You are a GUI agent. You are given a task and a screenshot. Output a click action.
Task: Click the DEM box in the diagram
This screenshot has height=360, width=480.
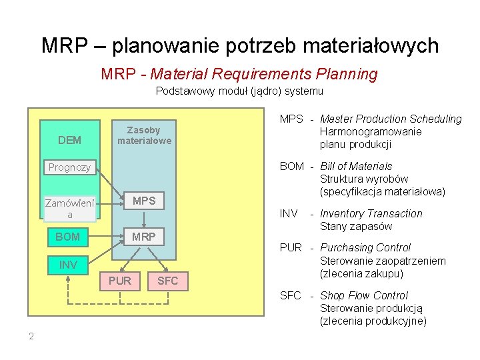pos(69,140)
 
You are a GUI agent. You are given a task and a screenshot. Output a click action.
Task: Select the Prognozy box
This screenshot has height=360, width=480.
pos(69,167)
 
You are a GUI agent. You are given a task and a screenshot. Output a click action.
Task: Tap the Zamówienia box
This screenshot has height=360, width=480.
pos(69,208)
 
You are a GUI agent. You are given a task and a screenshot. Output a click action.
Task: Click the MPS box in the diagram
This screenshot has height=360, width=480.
pos(144,201)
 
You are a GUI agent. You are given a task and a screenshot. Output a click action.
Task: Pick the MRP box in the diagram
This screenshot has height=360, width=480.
pos(144,237)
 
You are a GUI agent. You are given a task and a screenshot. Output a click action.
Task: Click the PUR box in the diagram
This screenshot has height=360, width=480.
pos(120,281)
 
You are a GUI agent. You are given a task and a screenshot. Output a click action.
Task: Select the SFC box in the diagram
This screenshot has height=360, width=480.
pos(168,281)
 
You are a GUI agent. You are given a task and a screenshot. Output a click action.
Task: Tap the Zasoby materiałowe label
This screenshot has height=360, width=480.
pos(144,135)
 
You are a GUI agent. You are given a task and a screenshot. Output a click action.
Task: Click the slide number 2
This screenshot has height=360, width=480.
pos(31,336)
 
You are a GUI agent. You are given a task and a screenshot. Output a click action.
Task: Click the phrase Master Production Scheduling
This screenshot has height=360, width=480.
pos(391,119)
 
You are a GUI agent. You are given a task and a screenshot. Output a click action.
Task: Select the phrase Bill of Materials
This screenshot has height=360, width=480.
pos(356,166)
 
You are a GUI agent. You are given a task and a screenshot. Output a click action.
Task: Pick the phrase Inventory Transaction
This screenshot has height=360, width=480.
pos(371,214)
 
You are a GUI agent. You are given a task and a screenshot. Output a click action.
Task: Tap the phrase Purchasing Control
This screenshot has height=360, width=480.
pos(365,248)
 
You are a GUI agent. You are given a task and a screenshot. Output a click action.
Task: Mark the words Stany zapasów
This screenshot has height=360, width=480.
pos(356,227)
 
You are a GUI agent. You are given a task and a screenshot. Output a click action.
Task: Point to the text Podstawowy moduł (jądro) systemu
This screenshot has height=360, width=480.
pos(239,91)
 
